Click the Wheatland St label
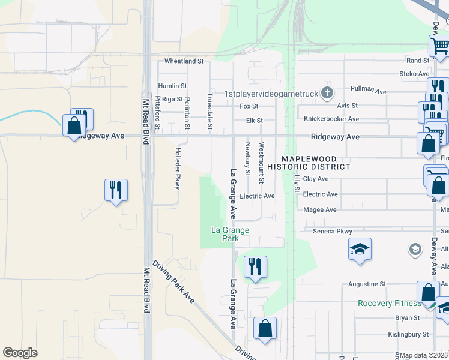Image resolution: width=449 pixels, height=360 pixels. pos(184,61)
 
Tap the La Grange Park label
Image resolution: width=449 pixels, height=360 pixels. pos(230,234)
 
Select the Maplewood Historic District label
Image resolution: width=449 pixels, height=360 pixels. pos(309,163)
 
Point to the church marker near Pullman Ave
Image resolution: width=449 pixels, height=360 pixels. pos(327,92)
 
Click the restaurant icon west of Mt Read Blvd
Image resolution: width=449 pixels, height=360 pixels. pos(115,190)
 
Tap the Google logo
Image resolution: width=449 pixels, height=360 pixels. pos(20,352)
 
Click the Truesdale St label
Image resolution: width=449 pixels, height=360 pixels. pos(209,110)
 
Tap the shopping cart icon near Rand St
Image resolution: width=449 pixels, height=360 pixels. pos(439,46)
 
